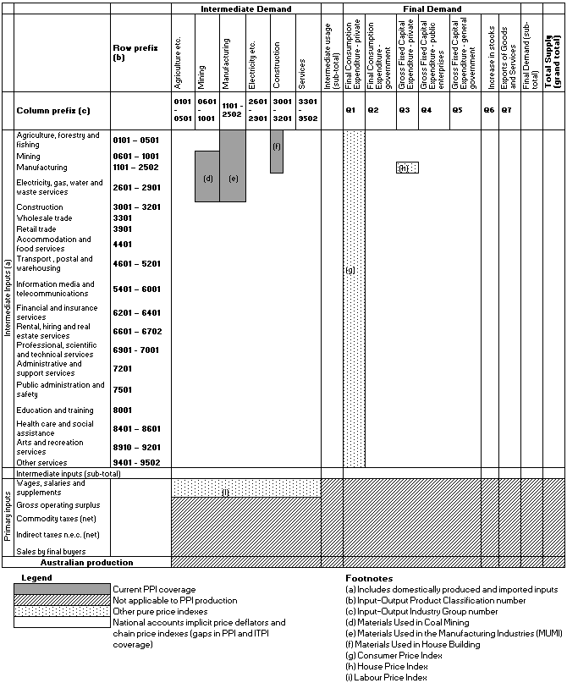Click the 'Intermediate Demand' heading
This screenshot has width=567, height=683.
click(246, 8)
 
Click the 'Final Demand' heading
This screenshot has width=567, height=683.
click(432, 8)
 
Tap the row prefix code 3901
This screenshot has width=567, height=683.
click(123, 229)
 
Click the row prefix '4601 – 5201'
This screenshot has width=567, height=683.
click(136, 264)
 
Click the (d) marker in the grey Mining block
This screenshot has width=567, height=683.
click(207, 178)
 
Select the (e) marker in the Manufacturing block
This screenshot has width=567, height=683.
click(233, 178)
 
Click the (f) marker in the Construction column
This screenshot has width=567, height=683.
click(277, 146)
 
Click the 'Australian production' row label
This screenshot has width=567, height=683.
click(86, 562)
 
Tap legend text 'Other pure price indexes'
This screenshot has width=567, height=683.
click(159, 610)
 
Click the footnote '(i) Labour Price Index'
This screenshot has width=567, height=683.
click(387, 676)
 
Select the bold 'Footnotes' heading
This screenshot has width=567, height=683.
click(368, 578)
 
